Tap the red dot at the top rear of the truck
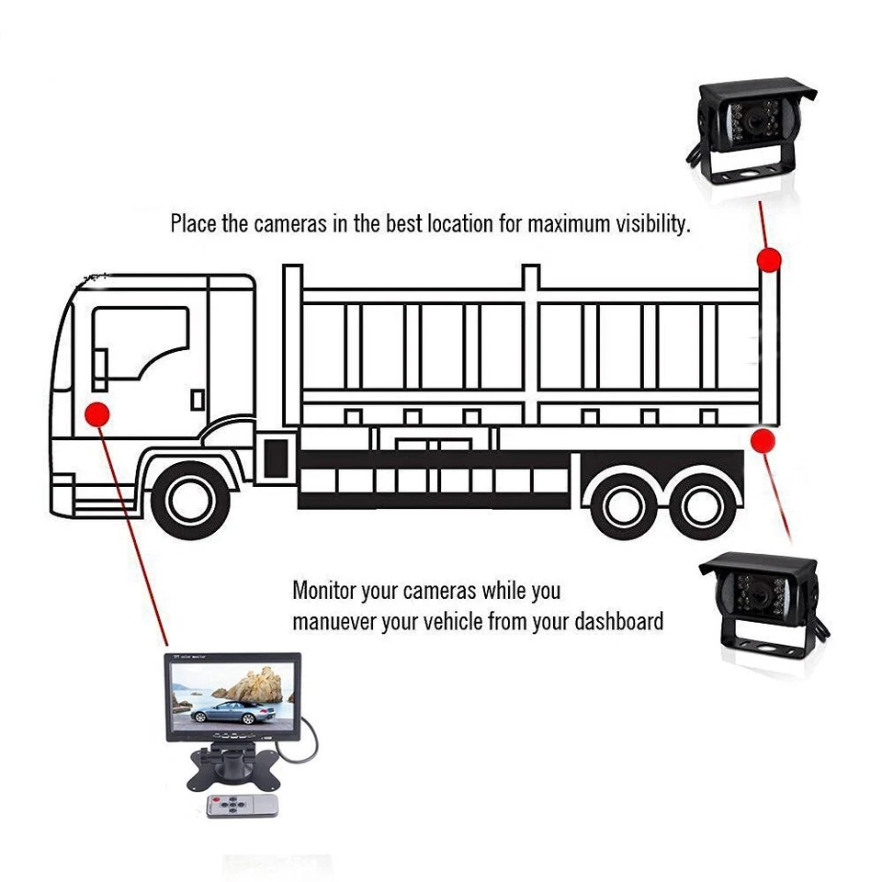click(x=768, y=259)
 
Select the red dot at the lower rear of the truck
click(x=762, y=441)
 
